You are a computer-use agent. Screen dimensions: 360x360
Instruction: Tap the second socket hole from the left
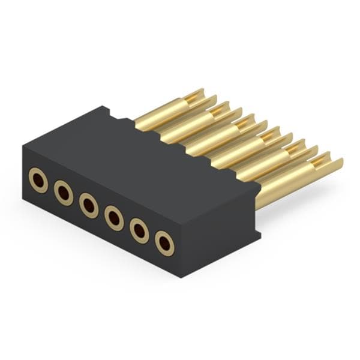point(64,193)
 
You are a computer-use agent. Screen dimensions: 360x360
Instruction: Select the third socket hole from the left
point(88,205)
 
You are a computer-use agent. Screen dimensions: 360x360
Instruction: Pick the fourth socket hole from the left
point(113,217)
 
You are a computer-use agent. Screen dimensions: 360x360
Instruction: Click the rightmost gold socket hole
point(164,242)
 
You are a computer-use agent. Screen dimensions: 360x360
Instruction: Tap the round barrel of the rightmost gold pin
point(282,186)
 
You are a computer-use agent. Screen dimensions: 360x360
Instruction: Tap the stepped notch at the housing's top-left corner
point(105,110)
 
